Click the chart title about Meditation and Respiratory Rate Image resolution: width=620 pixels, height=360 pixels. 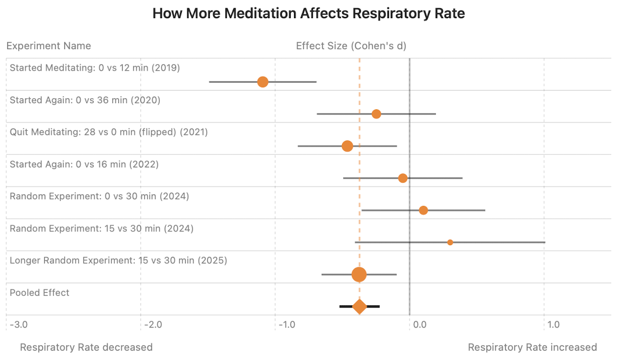coord(308,14)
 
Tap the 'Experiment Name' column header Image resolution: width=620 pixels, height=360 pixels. coord(49,46)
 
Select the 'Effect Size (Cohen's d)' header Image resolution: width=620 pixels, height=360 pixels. coord(351,46)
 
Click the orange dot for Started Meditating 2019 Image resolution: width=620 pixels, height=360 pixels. coord(262,82)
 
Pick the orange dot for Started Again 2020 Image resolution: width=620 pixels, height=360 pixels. coord(376,114)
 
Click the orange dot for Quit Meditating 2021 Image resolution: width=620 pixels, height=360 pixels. coord(347,146)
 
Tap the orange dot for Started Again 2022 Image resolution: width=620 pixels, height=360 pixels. coord(403,178)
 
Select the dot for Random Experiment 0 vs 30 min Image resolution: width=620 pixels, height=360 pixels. coord(423,210)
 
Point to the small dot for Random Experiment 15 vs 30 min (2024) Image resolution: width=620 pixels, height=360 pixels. coord(450,242)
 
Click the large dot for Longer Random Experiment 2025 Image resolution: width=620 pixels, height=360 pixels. coord(359,274)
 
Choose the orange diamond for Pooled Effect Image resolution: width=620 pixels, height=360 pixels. coord(359,306)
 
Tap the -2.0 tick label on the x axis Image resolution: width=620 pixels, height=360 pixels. coord(153,325)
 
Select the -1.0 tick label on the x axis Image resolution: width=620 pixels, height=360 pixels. coord(287,325)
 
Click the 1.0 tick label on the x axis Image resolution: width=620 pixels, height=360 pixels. coord(554,325)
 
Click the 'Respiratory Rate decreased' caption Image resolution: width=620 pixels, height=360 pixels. coord(86,347)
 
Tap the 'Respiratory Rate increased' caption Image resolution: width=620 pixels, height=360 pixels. coord(532,347)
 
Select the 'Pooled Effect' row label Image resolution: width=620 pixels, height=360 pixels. coord(40,293)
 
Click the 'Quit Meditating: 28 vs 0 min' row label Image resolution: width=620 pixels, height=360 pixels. coord(109,133)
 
